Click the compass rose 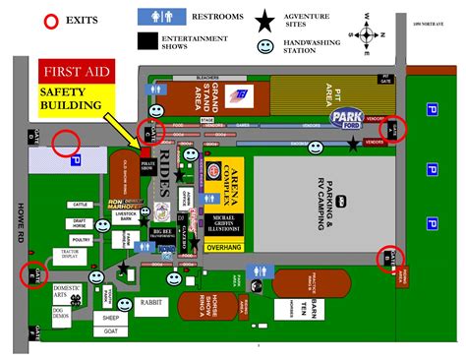[x=368, y=34]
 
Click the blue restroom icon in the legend [x=156, y=17]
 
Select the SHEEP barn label [x=109, y=319]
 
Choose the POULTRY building [x=82, y=239]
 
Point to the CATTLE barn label [x=81, y=205]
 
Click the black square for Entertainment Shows [x=148, y=39]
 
